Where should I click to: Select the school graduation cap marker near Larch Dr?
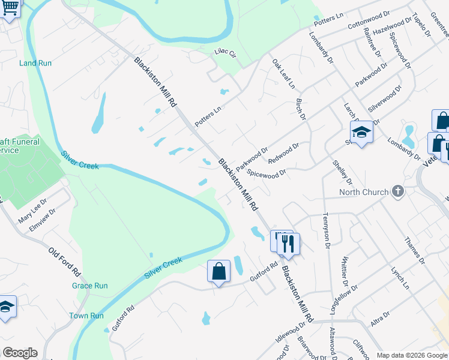(362, 133)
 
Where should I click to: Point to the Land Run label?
(35, 63)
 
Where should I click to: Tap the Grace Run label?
(90, 286)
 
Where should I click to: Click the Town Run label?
(86, 316)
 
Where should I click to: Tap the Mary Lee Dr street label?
(32, 211)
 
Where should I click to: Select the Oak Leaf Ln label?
(283, 74)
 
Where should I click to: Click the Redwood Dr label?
(283, 153)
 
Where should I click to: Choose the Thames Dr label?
(415, 253)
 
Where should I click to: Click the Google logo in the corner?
(20, 353)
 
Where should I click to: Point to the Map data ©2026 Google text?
(411, 355)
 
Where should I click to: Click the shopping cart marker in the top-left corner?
(10, 10)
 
